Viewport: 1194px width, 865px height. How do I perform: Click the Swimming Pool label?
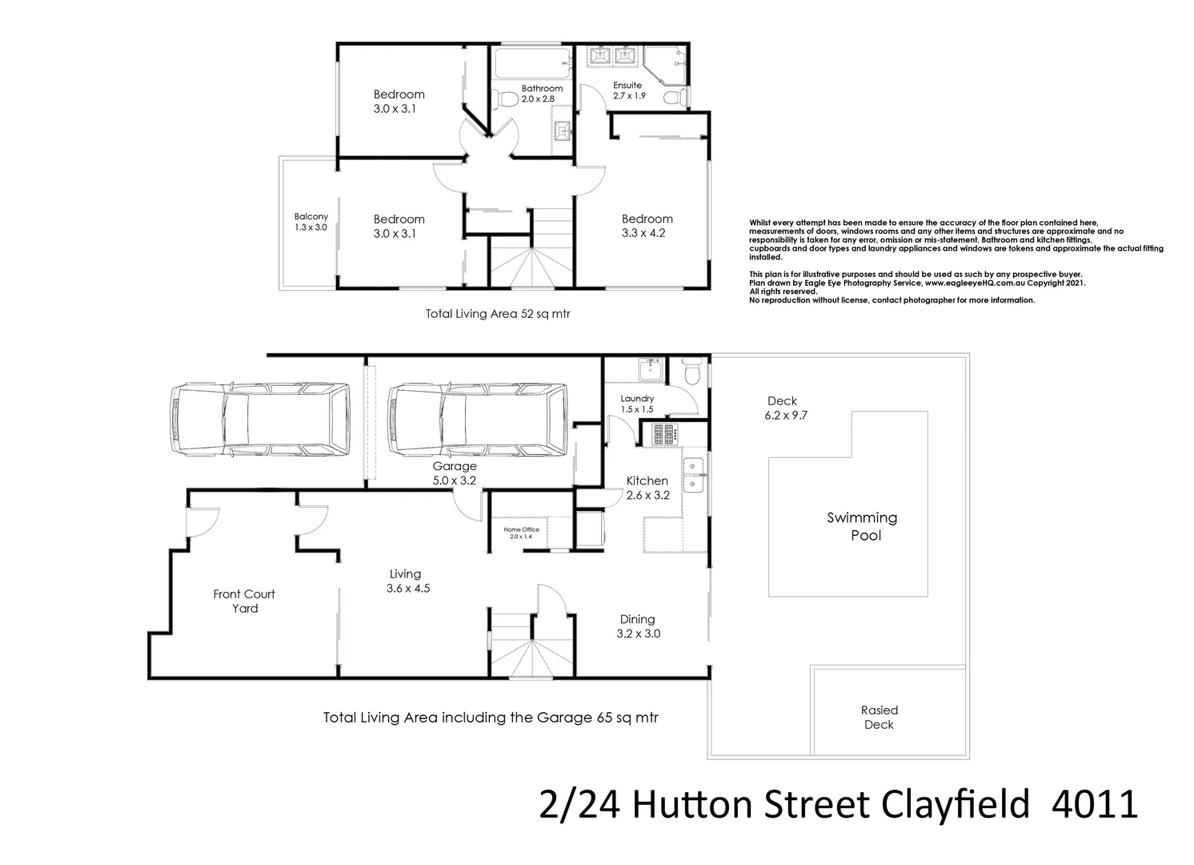point(862,526)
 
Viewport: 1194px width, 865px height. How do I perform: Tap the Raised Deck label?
point(879,717)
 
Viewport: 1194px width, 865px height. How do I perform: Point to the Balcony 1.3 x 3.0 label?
point(311,222)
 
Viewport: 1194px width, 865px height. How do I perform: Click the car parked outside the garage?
point(260,420)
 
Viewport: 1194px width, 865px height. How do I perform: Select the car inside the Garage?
point(478,420)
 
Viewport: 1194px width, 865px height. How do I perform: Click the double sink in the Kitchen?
point(693,474)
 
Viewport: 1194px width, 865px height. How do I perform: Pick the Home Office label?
point(521,533)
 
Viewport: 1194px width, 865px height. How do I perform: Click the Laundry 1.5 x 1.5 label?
point(637,404)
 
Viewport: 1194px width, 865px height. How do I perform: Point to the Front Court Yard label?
point(244,601)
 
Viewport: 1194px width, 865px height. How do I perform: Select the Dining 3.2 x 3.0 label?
point(638,626)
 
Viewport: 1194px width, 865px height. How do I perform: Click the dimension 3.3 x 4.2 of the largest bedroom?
point(647,233)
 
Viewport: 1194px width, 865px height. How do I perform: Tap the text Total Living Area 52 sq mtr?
point(498,314)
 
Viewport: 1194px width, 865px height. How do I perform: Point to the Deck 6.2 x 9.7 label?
point(782,408)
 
